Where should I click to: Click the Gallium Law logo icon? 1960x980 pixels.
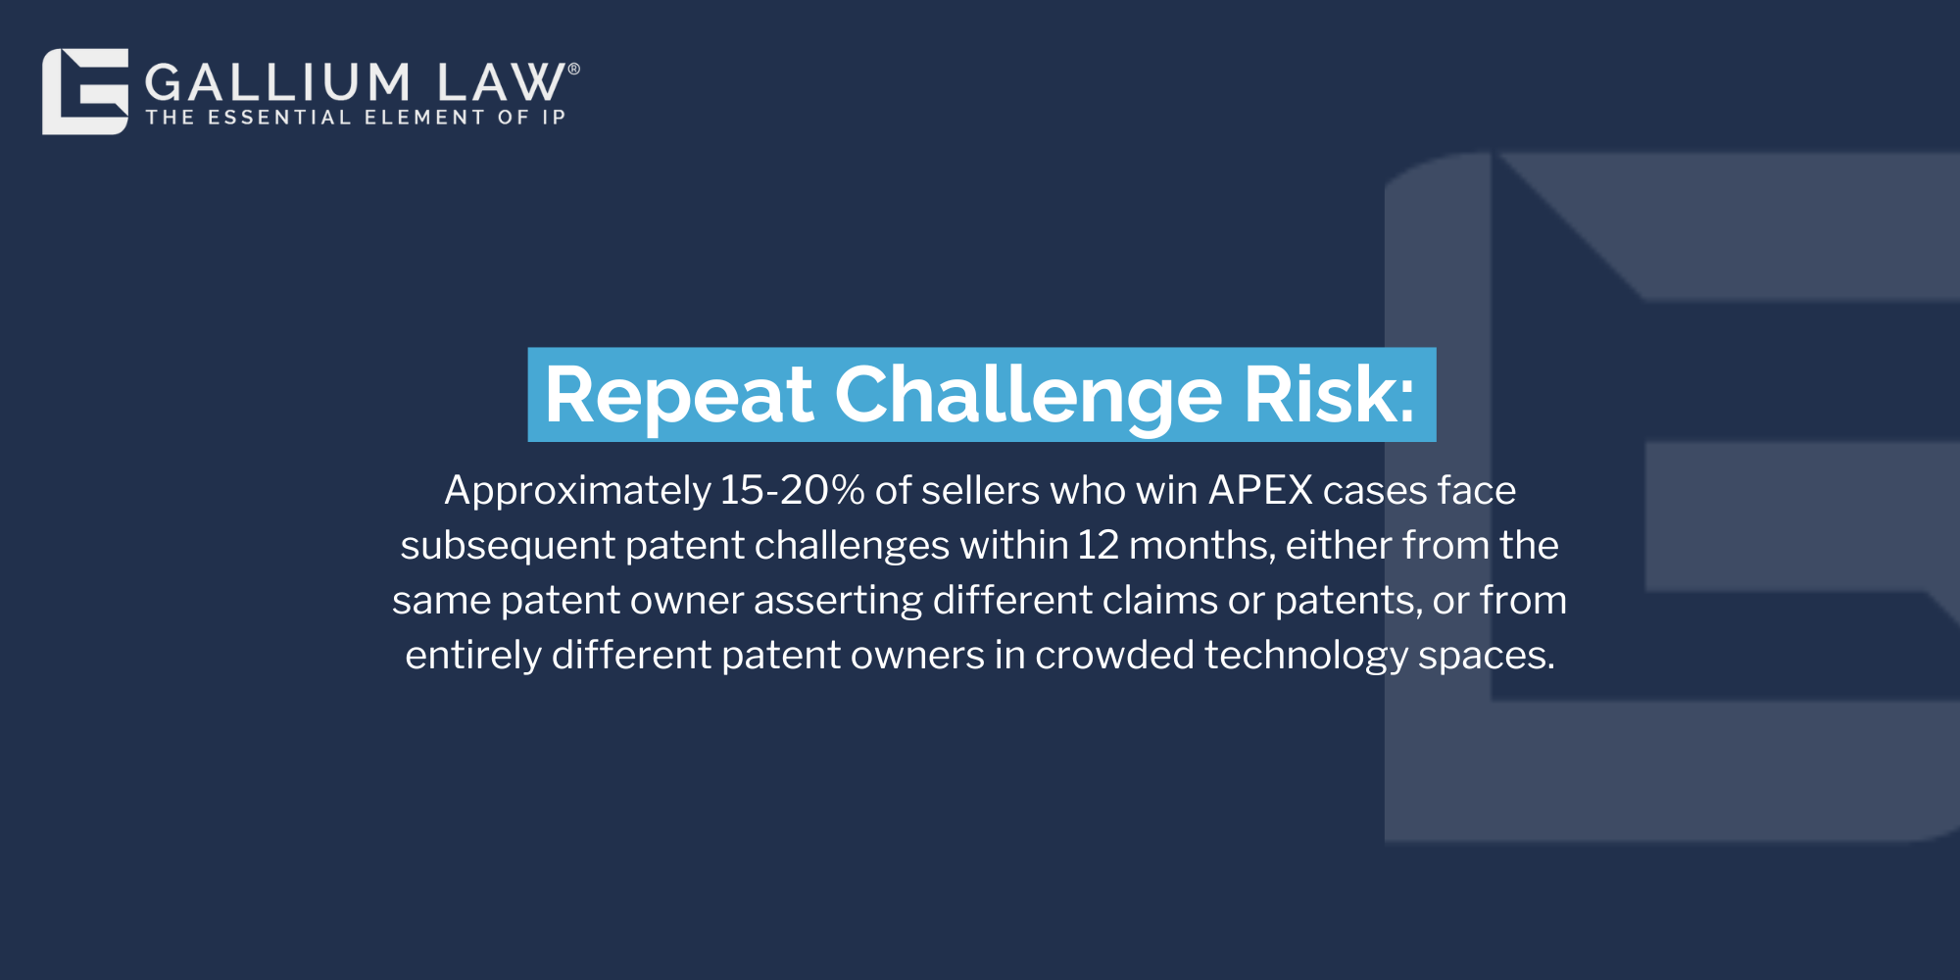tap(85, 91)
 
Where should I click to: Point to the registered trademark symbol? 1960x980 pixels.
tap(574, 69)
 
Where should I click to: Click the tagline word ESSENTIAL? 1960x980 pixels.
tap(279, 118)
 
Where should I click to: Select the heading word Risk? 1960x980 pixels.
tap(1330, 394)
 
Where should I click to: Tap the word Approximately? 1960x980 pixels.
tap(577, 491)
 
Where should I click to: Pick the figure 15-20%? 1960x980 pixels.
tap(792, 490)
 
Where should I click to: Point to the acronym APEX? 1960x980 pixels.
tap(1260, 490)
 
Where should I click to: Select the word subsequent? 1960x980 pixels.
tap(508, 546)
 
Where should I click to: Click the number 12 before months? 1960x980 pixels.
tap(1098, 545)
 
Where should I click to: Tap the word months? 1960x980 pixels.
tap(1202, 546)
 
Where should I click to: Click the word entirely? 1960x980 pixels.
tap(473, 656)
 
